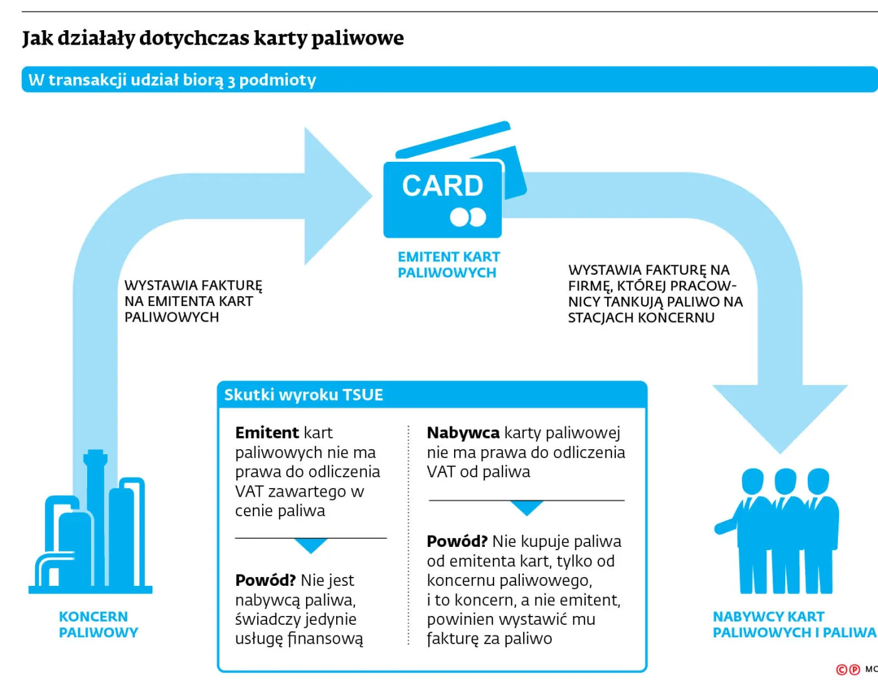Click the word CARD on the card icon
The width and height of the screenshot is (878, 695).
pos(442,186)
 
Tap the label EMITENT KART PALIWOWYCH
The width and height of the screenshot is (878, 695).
pos(448,265)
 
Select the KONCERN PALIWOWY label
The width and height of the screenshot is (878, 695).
pos(98,624)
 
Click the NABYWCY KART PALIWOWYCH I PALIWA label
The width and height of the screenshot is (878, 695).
pos(793,624)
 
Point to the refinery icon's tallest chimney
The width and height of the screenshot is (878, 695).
pos(95,477)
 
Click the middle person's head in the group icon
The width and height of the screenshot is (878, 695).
pos(785,481)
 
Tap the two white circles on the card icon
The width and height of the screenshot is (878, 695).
pos(468,217)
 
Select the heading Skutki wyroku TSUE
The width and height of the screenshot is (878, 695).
pos(304,395)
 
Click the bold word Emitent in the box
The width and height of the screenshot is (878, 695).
pos(267,433)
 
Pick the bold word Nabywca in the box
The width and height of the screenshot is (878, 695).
pos(463,433)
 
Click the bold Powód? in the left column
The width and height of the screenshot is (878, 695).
pos(265,580)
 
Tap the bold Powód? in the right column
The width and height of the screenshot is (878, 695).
pos(457,541)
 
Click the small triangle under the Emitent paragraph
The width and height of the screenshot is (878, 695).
pos(310,546)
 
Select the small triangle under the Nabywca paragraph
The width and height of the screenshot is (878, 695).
pos(527,507)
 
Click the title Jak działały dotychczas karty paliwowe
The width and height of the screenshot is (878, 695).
pos(213,38)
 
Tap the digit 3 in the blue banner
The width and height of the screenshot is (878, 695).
pos(231,81)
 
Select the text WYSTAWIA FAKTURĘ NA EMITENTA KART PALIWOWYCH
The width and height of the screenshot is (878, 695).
pos(193,301)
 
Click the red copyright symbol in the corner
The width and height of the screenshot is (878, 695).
pos(842,670)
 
